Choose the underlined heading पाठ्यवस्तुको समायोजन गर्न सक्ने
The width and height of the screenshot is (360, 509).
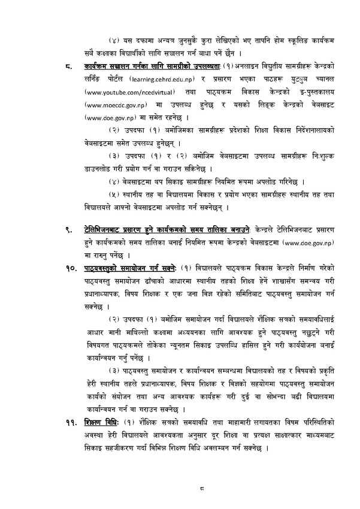coord(131,267)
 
